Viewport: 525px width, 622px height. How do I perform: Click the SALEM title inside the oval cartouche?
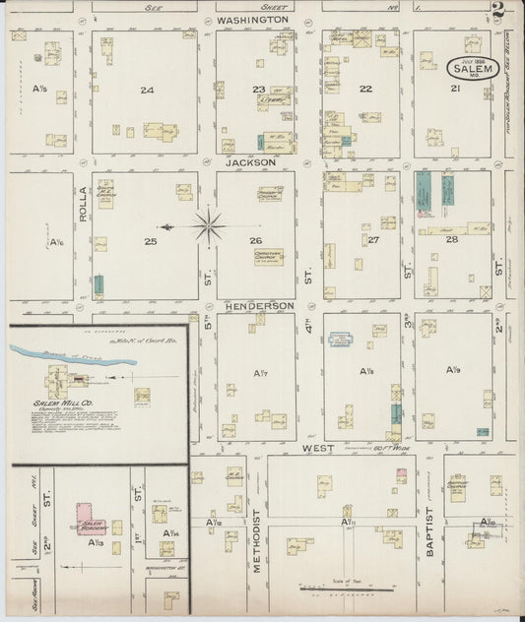471,69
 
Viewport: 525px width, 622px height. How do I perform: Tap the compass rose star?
209,227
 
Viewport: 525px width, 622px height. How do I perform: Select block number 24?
147,90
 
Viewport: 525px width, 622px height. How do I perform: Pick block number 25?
151,240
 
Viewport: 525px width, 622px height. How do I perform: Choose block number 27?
373,239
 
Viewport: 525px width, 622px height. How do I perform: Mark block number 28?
452,239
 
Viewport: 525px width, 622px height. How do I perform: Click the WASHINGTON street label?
253,19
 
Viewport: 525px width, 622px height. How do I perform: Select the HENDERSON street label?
258,306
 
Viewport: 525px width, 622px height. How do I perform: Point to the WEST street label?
318,448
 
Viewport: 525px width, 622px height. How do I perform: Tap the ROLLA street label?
83,204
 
